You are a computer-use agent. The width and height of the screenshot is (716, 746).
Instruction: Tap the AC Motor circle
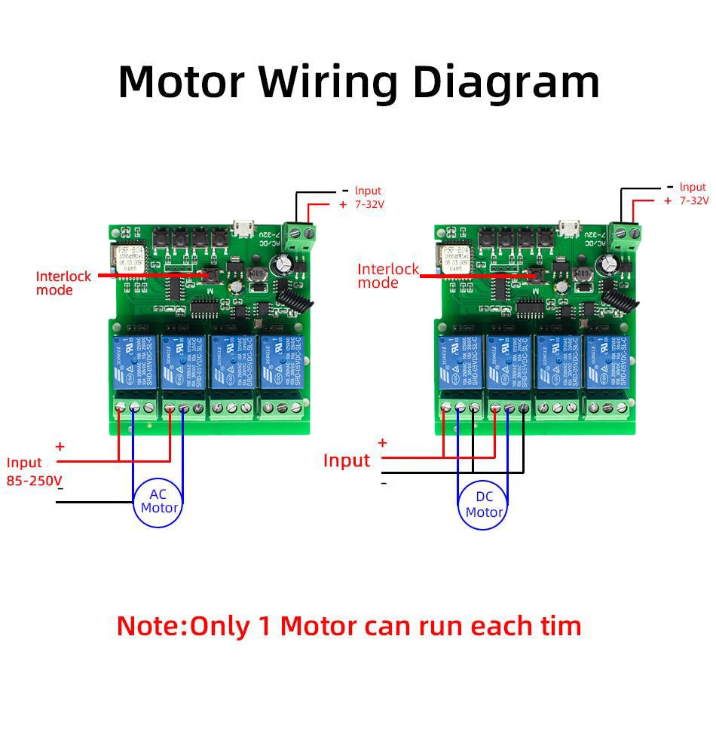coord(159,501)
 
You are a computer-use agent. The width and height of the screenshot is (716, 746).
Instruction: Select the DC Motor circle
coord(483,505)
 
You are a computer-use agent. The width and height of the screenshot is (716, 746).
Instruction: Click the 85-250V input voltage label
coord(34,480)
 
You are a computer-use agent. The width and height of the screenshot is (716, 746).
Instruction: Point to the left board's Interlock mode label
coord(63,283)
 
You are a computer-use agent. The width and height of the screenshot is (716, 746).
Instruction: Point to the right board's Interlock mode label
coord(387,276)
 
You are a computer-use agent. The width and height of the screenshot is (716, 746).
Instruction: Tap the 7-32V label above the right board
coord(694,200)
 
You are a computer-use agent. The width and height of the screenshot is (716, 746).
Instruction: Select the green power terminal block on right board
coord(625,234)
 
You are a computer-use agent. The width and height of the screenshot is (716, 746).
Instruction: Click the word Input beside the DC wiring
coord(347,460)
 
